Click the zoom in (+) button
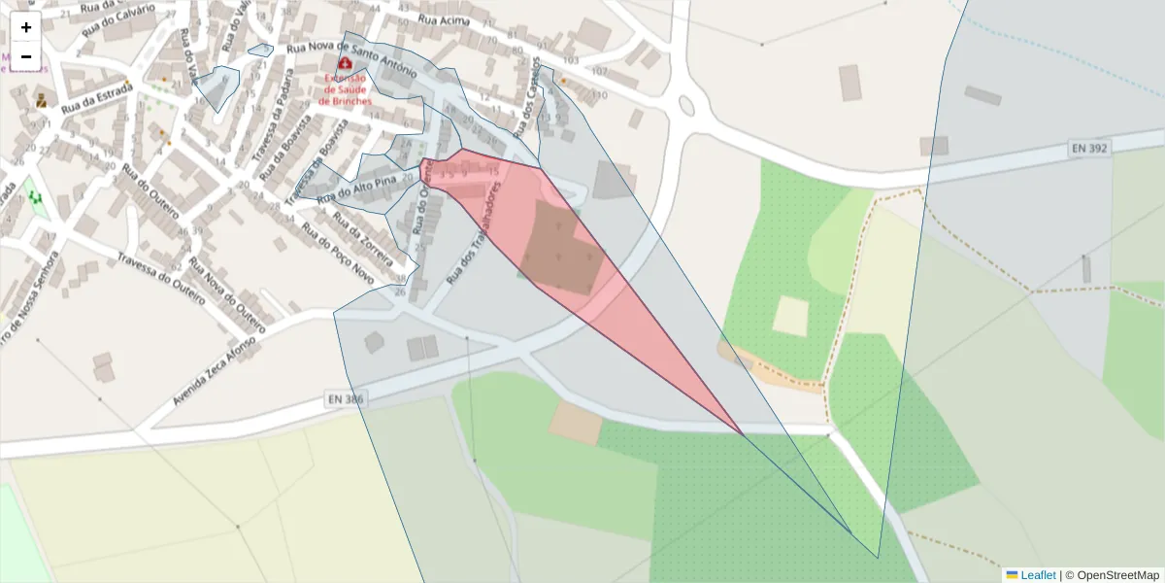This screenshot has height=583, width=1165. pos(26,27)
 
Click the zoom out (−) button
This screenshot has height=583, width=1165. pos(26,56)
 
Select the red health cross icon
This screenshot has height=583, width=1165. pos(345,62)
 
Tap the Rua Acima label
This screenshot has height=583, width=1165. pos(444,20)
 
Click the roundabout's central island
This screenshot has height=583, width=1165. pos(687,104)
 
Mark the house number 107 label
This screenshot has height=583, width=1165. pos(598,72)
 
